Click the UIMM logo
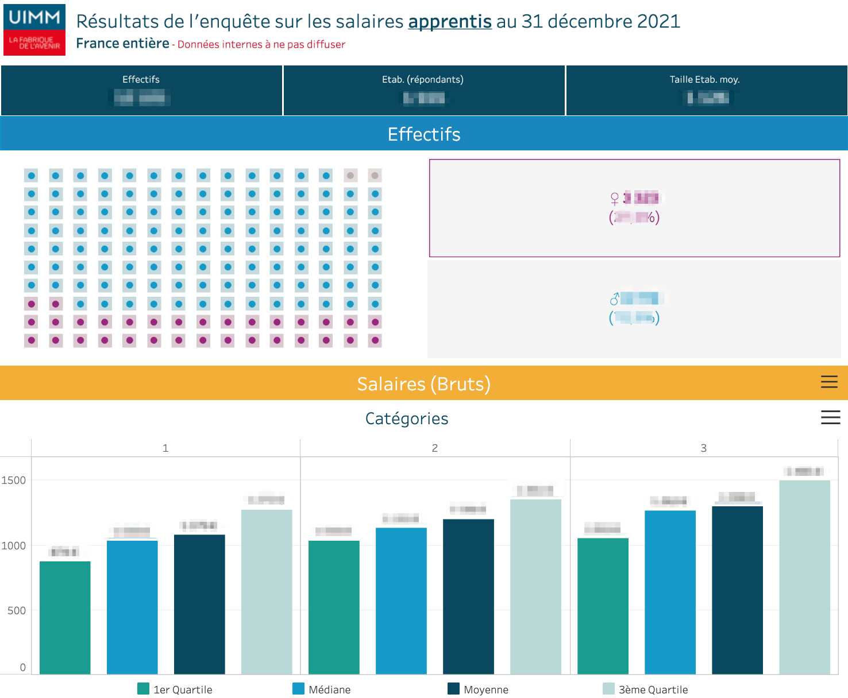pos(34,30)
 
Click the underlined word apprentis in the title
pos(449,22)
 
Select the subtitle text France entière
pos(122,44)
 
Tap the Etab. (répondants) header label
pos(422,79)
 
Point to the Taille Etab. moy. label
pos(704,79)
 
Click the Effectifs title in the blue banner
pos(423,134)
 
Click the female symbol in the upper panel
pos(614,199)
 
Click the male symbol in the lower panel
pos(614,299)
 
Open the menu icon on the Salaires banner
pos(828,382)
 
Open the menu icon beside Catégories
pos(830,417)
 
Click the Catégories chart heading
pos(406,418)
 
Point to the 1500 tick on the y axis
pos(14,480)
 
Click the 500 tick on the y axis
pos(17,611)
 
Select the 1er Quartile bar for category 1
pos(65,617)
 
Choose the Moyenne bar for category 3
pos(737,590)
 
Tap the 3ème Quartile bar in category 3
pos(804,577)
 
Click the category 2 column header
pos(434,448)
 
